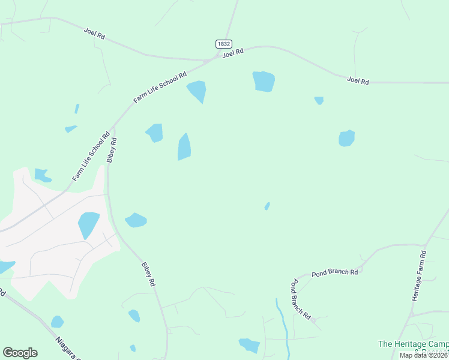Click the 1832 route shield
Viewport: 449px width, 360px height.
click(x=223, y=44)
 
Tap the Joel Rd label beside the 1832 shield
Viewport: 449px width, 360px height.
click(x=232, y=53)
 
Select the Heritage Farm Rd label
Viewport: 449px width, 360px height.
click(x=420, y=275)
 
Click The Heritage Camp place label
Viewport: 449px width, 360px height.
click(x=413, y=344)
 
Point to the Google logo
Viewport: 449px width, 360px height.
click(x=20, y=352)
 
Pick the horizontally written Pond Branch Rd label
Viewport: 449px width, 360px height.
click(x=334, y=272)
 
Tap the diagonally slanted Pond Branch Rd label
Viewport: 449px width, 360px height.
click(x=300, y=299)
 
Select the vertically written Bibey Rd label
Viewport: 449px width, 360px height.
click(x=112, y=150)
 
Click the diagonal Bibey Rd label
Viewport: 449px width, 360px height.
click(x=149, y=274)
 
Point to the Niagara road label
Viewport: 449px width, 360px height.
click(x=68, y=347)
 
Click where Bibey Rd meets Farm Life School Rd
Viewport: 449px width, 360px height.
click(x=112, y=127)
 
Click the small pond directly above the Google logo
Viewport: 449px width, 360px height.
click(x=57, y=322)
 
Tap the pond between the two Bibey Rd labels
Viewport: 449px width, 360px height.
click(x=136, y=220)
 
